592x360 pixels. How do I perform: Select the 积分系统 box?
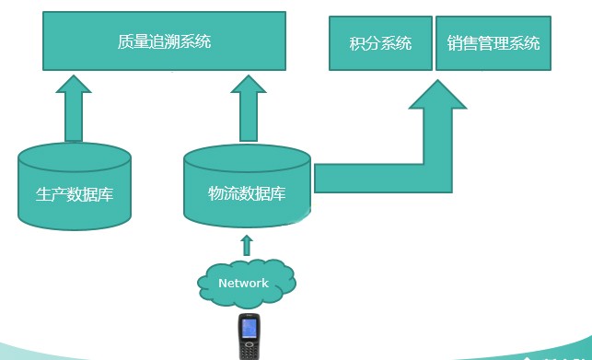coord(380,42)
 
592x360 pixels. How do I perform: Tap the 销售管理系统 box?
coord(493,42)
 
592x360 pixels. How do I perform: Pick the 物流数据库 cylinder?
coord(246,187)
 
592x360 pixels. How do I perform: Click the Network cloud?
coord(244,282)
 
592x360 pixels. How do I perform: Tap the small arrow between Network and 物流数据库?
coord(246,245)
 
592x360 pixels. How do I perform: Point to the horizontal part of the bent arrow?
coord(368,178)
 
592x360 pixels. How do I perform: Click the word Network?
coord(243,283)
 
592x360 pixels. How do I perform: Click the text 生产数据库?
coord(75,195)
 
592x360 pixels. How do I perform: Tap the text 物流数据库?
coord(246,193)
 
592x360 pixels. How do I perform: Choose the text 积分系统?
coord(380,43)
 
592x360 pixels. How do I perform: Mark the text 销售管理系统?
coord(493,43)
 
